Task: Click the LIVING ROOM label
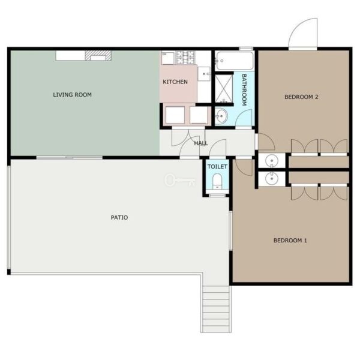click(73, 95)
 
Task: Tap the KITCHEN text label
click(175, 82)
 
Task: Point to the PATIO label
click(119, 217)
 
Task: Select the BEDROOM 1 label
click(290, 241)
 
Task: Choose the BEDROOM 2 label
click(301, 97)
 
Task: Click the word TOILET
click(217, 166)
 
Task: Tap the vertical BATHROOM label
click(244, 90)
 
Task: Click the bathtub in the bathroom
click(235, 61)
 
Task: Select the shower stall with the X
click(224, 89)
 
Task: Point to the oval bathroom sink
click(221, 116)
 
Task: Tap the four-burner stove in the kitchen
click(185, 58)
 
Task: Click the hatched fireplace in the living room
click(98, 56)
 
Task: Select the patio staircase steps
click(216, 309)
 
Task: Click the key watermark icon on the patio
click(180, 180)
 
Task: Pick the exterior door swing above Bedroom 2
click(303, 34)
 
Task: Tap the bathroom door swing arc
click(244, 118)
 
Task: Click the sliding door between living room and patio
click(70, 157)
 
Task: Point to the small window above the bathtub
click(246, 49)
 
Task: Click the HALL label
click(201, 143)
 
